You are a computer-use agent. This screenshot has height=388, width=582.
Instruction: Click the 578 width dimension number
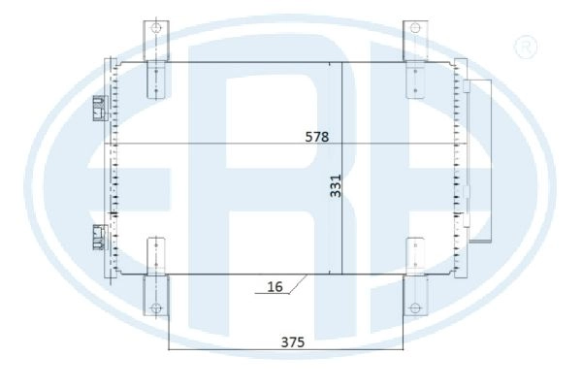pyautogui.click(x=316, y=137)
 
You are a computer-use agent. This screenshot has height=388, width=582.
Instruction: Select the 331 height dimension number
pyautogui.click(x=336, y=185)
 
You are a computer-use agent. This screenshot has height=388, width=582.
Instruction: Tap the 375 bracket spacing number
pyautogui.click(x=293, y=342)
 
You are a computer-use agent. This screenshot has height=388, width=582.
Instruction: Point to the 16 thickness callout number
pyautogui.click(x=275, y=287)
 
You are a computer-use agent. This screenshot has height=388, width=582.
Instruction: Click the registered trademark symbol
pyautogui.click(x=526, y=47)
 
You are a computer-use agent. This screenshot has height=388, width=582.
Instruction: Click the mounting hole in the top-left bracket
pyautogui.click(x=156, y=28)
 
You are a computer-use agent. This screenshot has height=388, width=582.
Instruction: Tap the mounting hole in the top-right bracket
pyautogui.click(x=415, y=28)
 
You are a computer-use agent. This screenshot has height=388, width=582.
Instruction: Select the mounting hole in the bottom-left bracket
pyautogui.click(x=156, y=307)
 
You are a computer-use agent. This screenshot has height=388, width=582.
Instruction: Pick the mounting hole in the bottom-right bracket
pyautogui.click(x=414, y=307)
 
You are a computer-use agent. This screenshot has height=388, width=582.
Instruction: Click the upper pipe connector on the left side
pyautogui.click(x=100, y=109)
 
